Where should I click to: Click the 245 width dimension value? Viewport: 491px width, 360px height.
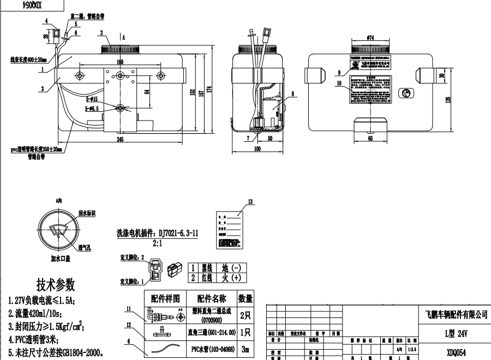point(120,140)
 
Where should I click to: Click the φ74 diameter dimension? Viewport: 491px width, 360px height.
point(370,38)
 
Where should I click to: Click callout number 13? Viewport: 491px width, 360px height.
point(250,202)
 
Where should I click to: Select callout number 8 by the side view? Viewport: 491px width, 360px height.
point(292,94)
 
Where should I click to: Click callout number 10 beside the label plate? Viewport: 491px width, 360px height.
point(339,83)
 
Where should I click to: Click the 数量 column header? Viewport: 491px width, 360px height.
point(245,298)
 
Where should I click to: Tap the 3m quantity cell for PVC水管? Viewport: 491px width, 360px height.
point(245,349)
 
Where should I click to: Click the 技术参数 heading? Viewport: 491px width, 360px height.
point(55,285)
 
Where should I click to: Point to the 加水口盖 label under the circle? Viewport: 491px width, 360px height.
point(62,258)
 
